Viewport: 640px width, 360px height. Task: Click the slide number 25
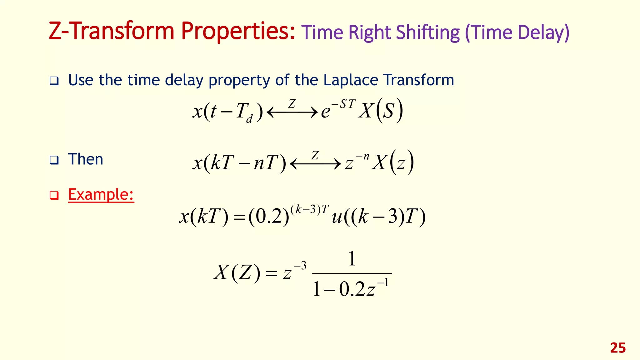[x=618, y=348]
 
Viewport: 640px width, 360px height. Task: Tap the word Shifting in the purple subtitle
[x=428, y=32]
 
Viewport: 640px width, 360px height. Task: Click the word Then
[x=86, y=159]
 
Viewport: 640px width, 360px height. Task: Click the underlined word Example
[x=101, y=194]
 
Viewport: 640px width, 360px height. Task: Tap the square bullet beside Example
[x=54, y=196]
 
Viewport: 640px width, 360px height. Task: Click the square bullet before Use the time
[x=54, y=81]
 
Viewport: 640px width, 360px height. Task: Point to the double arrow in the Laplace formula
[x=292, y=112]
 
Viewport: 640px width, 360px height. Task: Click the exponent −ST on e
[x=343, y=104]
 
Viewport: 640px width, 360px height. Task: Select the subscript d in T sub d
[x=249, y=119]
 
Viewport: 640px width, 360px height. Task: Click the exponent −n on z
[x=362, y=156]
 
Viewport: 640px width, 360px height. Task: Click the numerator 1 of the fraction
[x=352, y=258]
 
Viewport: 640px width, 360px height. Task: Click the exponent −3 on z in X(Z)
[x=300, y=266]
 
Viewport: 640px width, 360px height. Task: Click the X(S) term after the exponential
[x=381, y=111]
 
